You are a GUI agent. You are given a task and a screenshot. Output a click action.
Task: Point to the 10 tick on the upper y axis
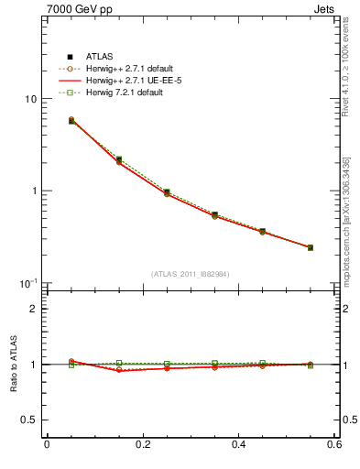point(28,99)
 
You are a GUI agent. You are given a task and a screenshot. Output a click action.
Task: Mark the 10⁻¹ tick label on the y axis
point(27,283)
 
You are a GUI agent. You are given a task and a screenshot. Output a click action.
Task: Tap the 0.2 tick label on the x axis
point(142,444)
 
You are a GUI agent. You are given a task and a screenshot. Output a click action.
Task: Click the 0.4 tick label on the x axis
point(238,444)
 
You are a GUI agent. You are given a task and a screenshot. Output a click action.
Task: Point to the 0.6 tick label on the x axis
point(333,444)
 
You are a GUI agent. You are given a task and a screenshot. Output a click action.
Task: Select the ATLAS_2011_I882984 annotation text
point(190,274)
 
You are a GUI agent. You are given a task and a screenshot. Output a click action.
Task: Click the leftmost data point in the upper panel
point(71,120)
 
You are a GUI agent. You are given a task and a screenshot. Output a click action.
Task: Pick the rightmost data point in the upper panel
point(311,247)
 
